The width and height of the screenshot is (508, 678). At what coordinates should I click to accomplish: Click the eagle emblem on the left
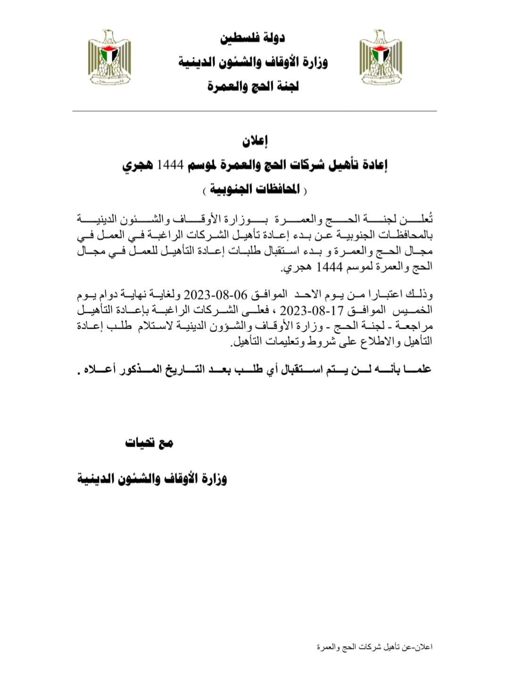[109, 58]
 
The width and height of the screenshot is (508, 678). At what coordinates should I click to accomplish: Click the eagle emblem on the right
[381, 58]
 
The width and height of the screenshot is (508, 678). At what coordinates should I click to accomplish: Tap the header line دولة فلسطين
[252, 38]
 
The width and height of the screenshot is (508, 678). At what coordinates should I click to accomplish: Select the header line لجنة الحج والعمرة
[253, 86]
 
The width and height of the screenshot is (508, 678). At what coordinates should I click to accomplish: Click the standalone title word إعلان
[255, 140]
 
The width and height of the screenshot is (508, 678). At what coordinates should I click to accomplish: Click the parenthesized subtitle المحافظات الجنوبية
[255, 190]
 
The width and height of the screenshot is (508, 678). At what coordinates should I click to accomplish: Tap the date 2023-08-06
[215, 295]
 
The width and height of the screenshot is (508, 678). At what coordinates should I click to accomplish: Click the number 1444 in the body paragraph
[329, 267]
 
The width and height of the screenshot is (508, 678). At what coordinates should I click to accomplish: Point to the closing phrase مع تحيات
[149, 442]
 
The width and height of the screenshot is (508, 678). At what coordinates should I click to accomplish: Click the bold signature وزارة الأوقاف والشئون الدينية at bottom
[152, 478]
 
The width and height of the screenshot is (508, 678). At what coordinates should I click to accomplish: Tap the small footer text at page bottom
[375, 647]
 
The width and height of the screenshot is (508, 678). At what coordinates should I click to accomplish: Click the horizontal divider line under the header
[254, 111]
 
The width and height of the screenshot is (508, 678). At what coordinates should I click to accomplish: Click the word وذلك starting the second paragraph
[420, 295]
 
